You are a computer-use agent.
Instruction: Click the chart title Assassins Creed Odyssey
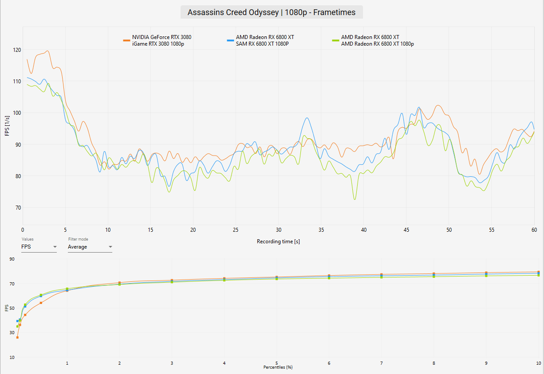[x=233, y=12]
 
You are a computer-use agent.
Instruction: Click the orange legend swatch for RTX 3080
[x=126, y=40]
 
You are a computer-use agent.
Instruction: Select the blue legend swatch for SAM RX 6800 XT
[x=230, y=40]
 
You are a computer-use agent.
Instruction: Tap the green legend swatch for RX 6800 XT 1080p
[x=335, y=40]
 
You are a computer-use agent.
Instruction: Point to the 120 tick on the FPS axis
[x=17, y=50]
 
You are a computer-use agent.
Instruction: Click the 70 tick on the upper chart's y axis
[x=18, y=208]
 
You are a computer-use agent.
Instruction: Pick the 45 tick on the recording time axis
[x=406, y=230]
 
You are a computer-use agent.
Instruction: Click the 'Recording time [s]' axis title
[x=278, y=242]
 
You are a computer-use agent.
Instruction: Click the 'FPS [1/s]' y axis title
[x=7, y=126]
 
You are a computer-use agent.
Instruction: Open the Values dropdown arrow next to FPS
[x=55, y=247]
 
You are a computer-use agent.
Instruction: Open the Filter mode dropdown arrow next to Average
[x=110, y=247]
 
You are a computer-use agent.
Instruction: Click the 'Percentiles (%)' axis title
[x=278, y=367]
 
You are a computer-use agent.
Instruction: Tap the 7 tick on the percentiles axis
[x=381, y=363]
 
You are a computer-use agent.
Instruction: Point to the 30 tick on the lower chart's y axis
[x=12, y=332]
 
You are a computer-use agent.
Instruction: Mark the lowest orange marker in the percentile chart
[x=17, y=337]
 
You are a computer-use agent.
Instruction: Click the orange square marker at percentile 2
[x=119, y=283]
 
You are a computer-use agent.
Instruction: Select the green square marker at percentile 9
[x=486, y=276]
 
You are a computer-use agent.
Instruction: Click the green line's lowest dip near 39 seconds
[x=355, y=199]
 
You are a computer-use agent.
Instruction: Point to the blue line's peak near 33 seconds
[x=307, y=118]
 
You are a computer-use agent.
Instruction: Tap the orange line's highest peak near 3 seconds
[x=47, y=51]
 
